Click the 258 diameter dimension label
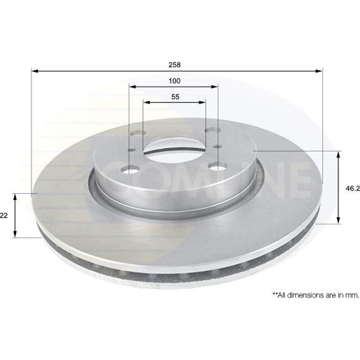coord(175,65)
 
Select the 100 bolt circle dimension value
coord(175,81)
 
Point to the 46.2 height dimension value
coord(353,189)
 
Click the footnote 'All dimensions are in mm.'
coord(315,295)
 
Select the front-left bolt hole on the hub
coord(131,169)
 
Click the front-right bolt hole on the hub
coord(217,167)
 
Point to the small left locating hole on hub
coord(131,151)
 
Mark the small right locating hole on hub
coord(217,146)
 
